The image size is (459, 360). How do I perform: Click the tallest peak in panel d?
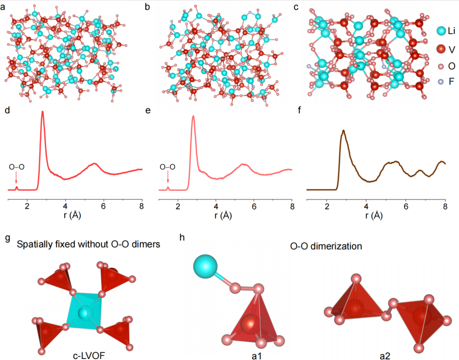tap(43, 112)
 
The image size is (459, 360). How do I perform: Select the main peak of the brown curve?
tap(343, 131)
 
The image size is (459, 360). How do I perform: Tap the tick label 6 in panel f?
tap(406, 206)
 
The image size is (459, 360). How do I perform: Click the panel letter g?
tap(7, 238)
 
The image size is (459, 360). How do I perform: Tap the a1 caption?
tap(250, 354)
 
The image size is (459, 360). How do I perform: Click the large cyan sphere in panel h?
tap(205, 266)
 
